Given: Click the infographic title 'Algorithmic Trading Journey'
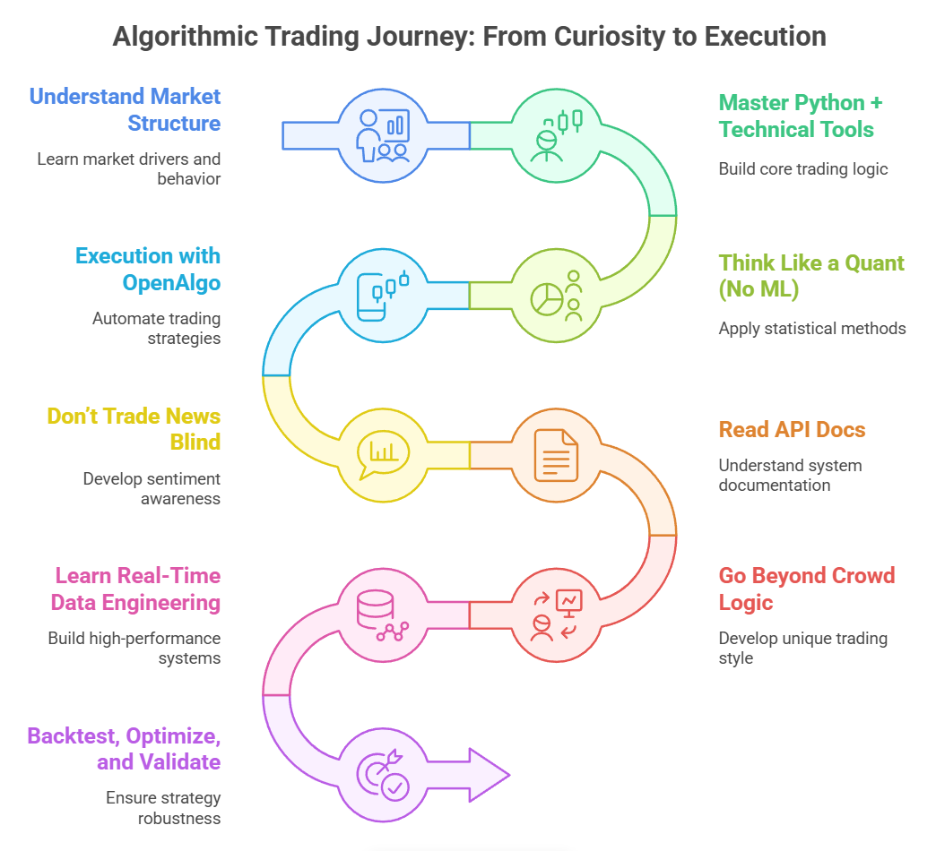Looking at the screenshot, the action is [x=468, y=37].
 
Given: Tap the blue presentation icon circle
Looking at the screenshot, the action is [x=383, y=135].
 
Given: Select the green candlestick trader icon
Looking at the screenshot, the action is [x=556, y=135].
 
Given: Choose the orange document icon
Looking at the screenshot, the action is [x=556, y=455].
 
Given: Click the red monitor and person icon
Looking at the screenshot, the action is [x=556, y=615].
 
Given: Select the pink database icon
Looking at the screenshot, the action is [x=383, y=615].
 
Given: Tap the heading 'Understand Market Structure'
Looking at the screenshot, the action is [x=126, y=109].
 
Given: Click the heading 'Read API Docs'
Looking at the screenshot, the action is [x=792, y=430].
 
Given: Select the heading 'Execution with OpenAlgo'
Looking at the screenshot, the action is [x=148, y=269].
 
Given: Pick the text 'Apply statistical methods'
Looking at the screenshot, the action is [x=811, y=329].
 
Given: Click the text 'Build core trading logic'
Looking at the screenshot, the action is [x=802, y=168].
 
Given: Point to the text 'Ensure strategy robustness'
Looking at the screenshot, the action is [x=162, y=807].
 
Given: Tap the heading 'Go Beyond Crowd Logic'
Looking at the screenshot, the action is [x=806, y=589].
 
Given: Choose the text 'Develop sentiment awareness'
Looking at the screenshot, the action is [x=152, y=488].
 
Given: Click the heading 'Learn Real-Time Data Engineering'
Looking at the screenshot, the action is [x=136, y=589].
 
